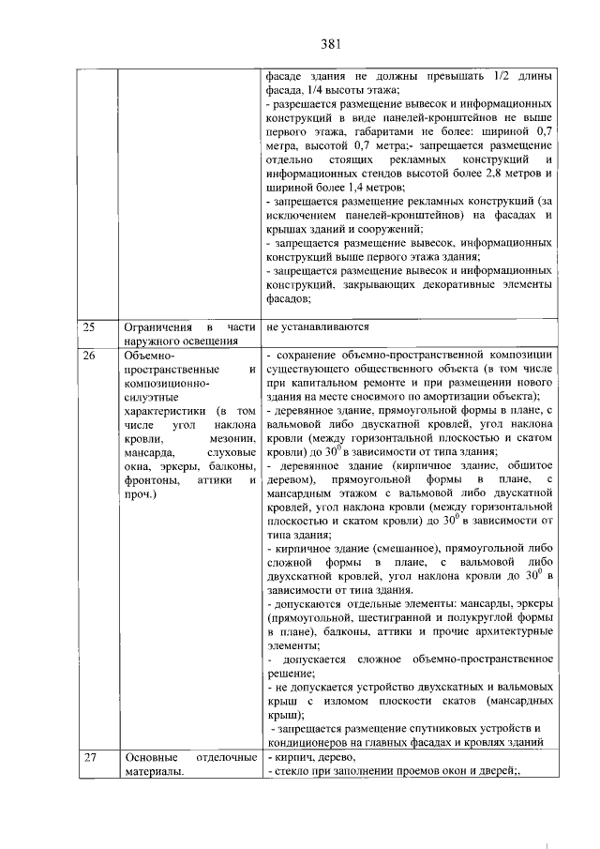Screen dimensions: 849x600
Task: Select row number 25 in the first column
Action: coord(90,327)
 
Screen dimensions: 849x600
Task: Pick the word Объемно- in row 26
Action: coord(149,356)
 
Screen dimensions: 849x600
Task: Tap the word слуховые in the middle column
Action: coord(229,452)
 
